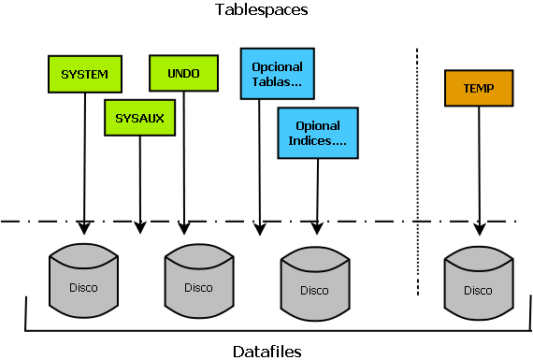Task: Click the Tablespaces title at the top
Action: click(262, 10)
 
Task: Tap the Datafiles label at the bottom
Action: click(266, 351)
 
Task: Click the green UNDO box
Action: click(183, 73)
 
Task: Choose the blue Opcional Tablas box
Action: click(277, 74)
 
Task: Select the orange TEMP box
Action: click(479, 88)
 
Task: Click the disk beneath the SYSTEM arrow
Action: click(83, 280)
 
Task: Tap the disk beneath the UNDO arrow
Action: click(197, 280)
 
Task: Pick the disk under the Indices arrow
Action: click(315, 282)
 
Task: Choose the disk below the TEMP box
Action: click(478, 282)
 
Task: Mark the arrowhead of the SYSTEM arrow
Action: click(84, 228)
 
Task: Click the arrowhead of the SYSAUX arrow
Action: click(140, 227)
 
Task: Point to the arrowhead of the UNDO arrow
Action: click(184, 227)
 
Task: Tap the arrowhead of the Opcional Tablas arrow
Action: click(259, 227)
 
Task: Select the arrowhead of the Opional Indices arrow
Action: click(316, 227)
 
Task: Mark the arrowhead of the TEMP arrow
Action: click(479, 227)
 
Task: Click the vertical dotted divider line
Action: click(416, 168)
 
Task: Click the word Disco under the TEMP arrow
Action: click(478, 290)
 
